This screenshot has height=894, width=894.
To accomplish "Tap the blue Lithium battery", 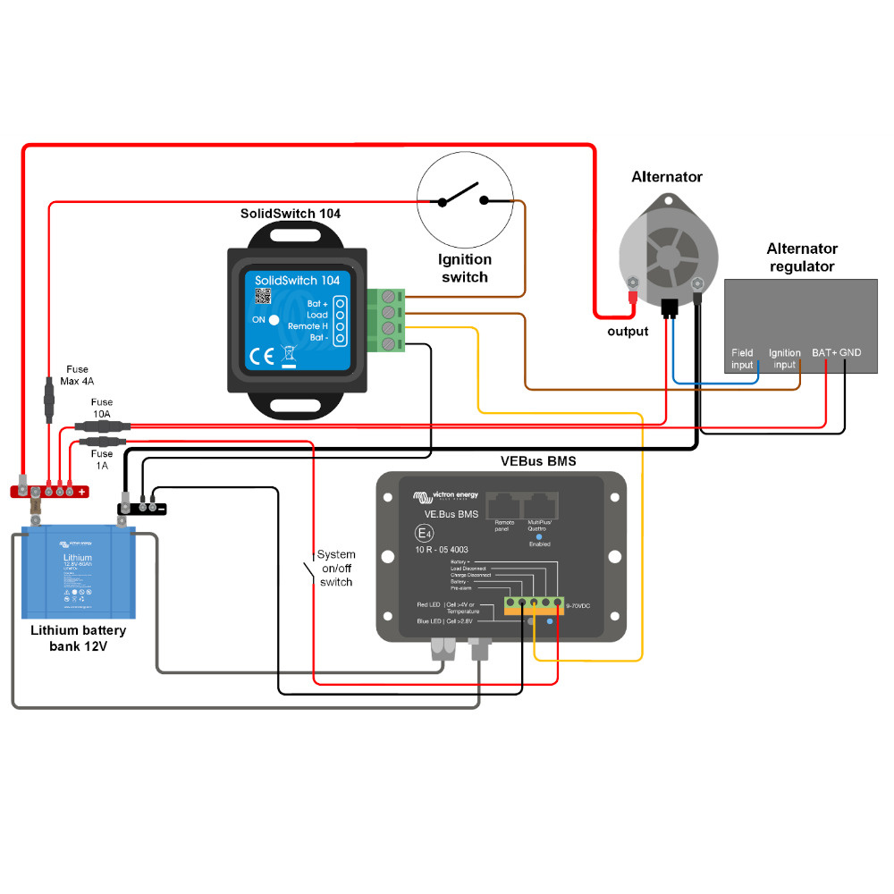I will (x=79, y=573).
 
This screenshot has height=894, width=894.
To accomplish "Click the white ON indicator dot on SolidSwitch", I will (x=274, y=320).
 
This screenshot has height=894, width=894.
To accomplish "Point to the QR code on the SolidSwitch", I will (x=262, y=297).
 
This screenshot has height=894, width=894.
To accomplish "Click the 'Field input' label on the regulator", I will (x=742, y=358).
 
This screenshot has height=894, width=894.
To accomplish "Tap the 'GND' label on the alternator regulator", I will (x=850, y=353).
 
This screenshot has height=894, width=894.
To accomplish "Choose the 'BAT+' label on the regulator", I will (x=823, y=353).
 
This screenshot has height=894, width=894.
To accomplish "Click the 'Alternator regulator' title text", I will (x=801, y=257).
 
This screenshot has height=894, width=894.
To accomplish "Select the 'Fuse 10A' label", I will (x=102, y=408).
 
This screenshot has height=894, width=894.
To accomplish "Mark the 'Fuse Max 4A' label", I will (x=78, y=375).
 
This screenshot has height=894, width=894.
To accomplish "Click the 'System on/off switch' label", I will (x=336, y=569).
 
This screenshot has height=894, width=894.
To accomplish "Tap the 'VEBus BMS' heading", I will (x=538, y=461).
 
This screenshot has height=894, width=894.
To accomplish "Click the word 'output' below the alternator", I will (x=628, y=332).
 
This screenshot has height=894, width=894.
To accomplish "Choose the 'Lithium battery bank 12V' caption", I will (x=79, y=638).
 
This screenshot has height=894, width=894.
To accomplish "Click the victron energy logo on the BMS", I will (x=445, y=495).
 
